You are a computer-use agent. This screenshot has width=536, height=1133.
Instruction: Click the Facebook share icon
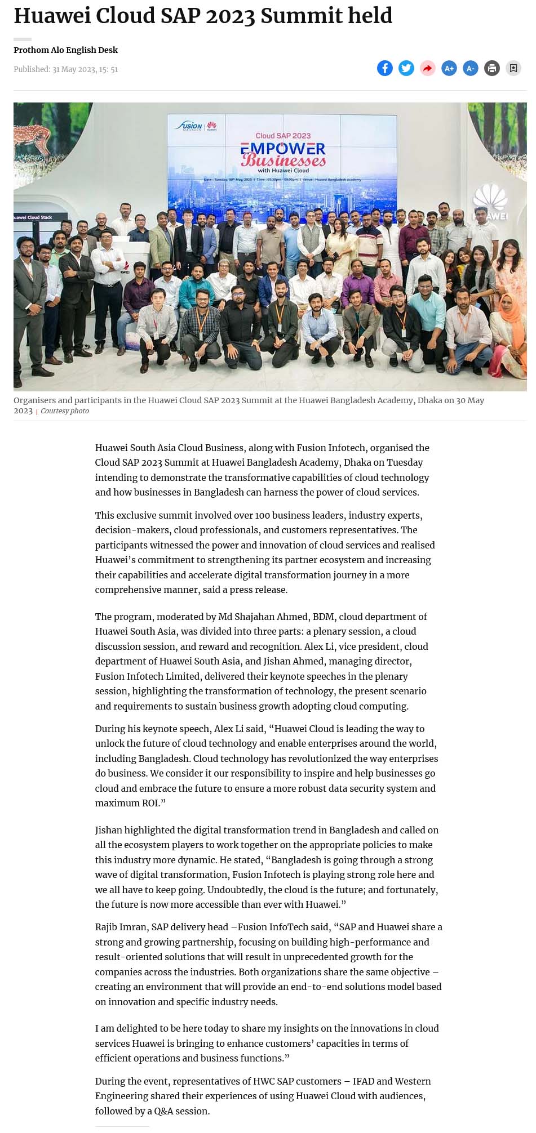click(384, 68)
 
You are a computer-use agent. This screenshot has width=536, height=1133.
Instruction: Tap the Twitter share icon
click(406, 68)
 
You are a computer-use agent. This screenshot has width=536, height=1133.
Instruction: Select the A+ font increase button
click(449, 68)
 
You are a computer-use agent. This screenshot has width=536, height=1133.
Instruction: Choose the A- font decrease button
click(470, 68)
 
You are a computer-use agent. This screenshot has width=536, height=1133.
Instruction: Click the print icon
click(492, 68)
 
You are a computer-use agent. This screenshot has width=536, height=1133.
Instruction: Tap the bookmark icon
click(513, 68)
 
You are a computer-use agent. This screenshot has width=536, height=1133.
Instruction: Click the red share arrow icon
click(427, 68)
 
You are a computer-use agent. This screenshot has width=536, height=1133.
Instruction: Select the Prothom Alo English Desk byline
click(65, 50)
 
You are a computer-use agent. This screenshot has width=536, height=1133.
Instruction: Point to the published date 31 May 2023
click(85, 69)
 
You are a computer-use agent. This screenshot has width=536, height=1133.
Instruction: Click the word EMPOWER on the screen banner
click(283, 149)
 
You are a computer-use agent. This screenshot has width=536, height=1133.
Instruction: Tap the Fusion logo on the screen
click(190, 126)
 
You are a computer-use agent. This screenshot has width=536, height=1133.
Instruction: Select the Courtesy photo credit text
click(65, 411)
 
